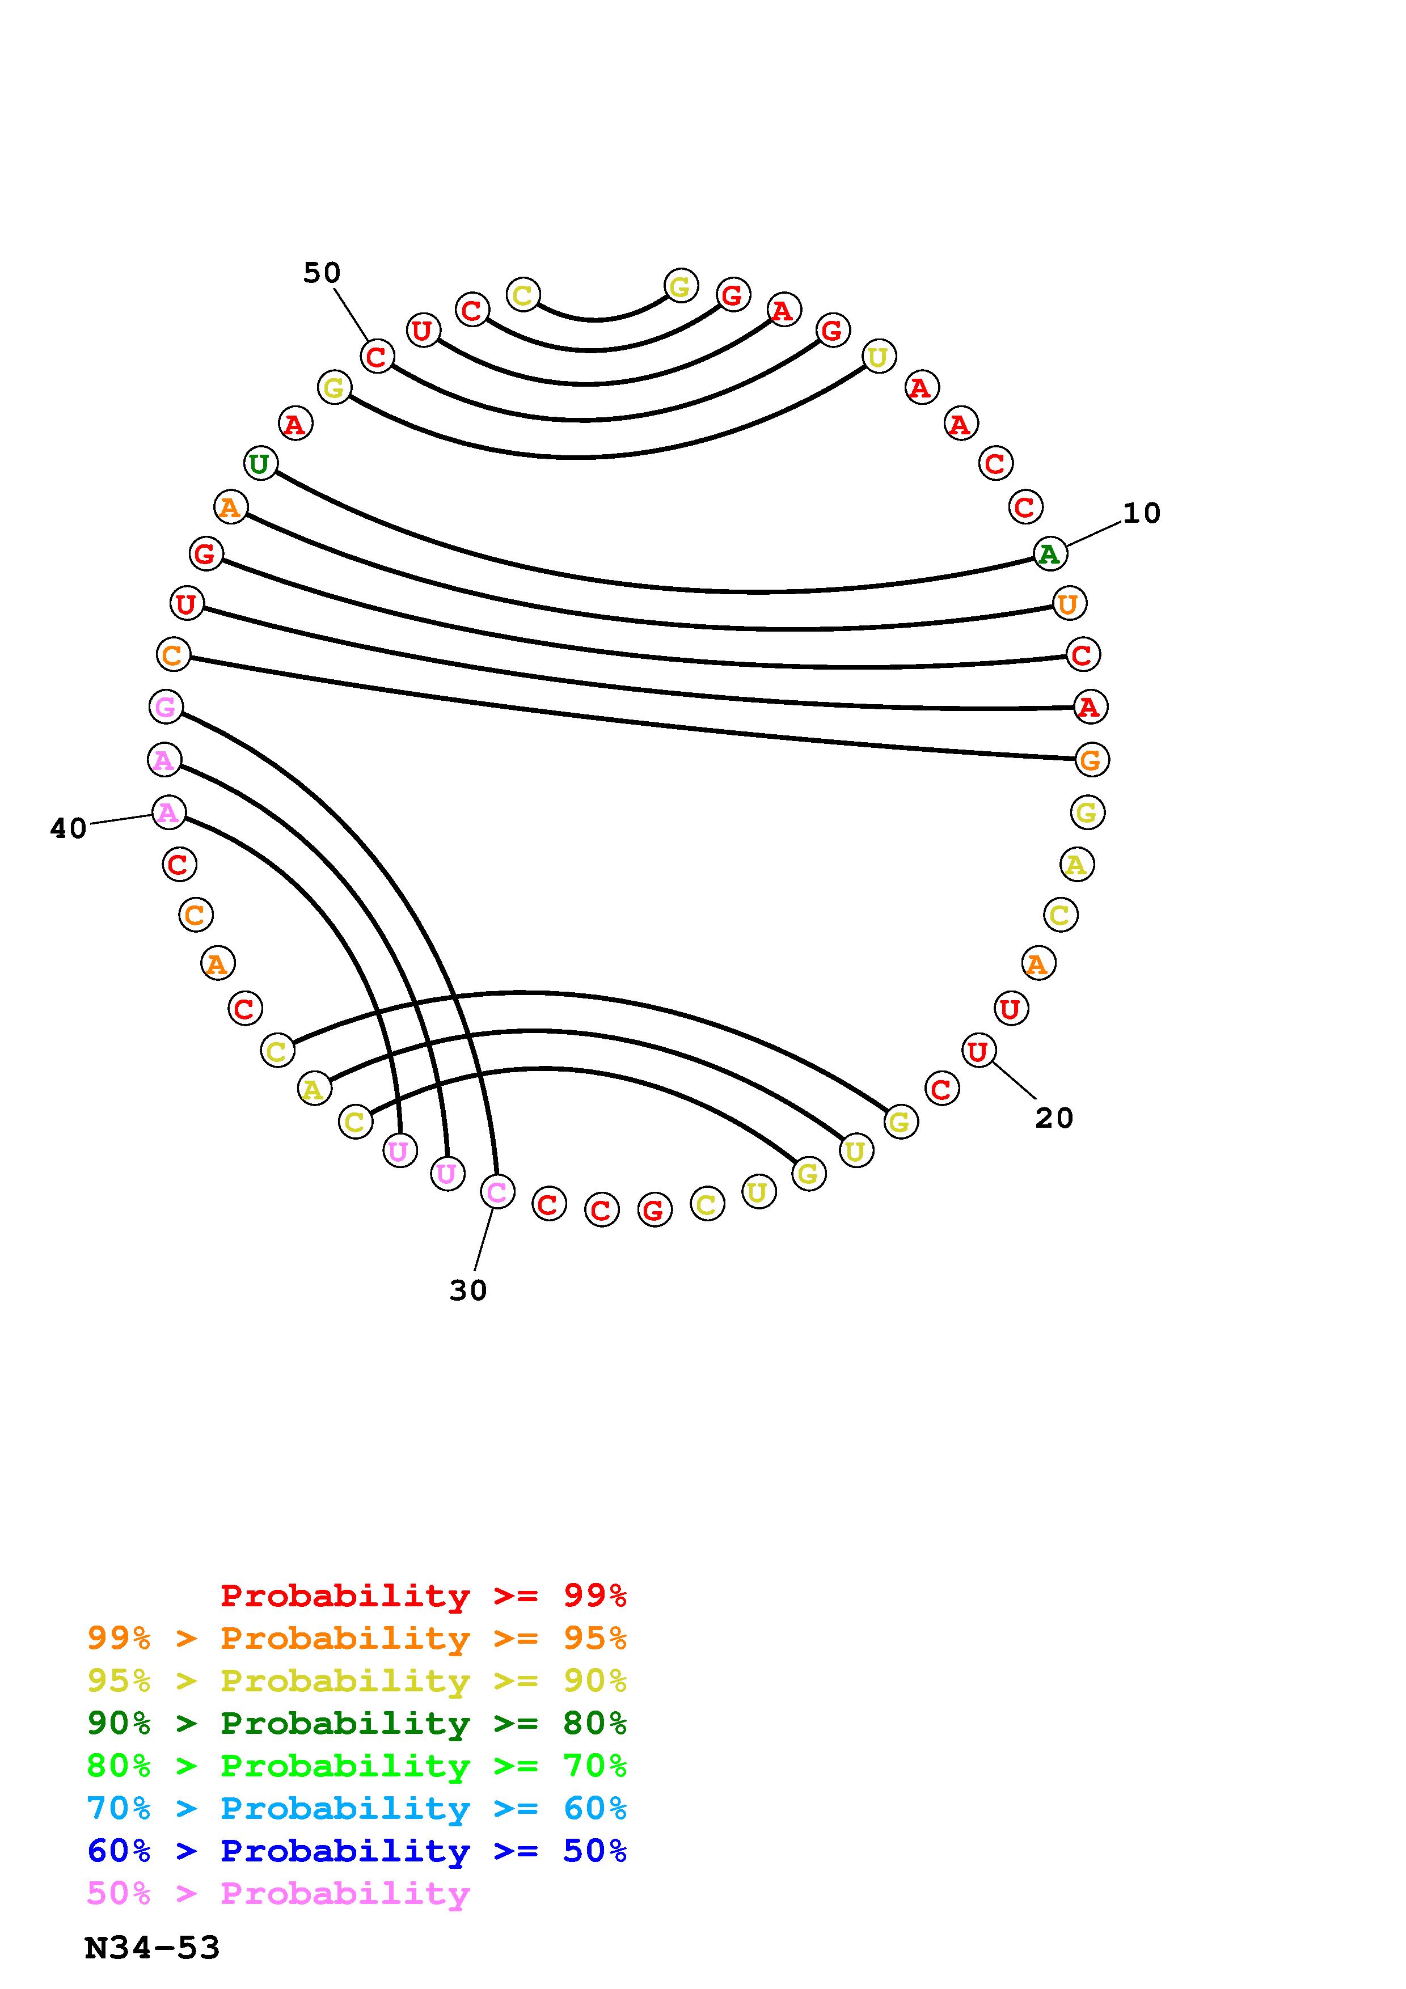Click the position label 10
coord(1141,514)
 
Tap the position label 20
coord(1053,1118)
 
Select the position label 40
coord(69,829)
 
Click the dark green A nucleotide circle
coord(1050,553)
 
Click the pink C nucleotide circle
coord(496,1192)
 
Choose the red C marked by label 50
coord(377,356)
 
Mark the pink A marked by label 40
coord(168,812)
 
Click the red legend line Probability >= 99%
coord(424,1596)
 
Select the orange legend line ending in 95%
coord(357,1638)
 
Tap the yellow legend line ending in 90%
coord(357,1681)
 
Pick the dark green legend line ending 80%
coord(357,1723)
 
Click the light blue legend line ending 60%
coord(357,1808)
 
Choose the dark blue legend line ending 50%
coord(357,1851)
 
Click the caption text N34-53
coord(153,1948)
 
